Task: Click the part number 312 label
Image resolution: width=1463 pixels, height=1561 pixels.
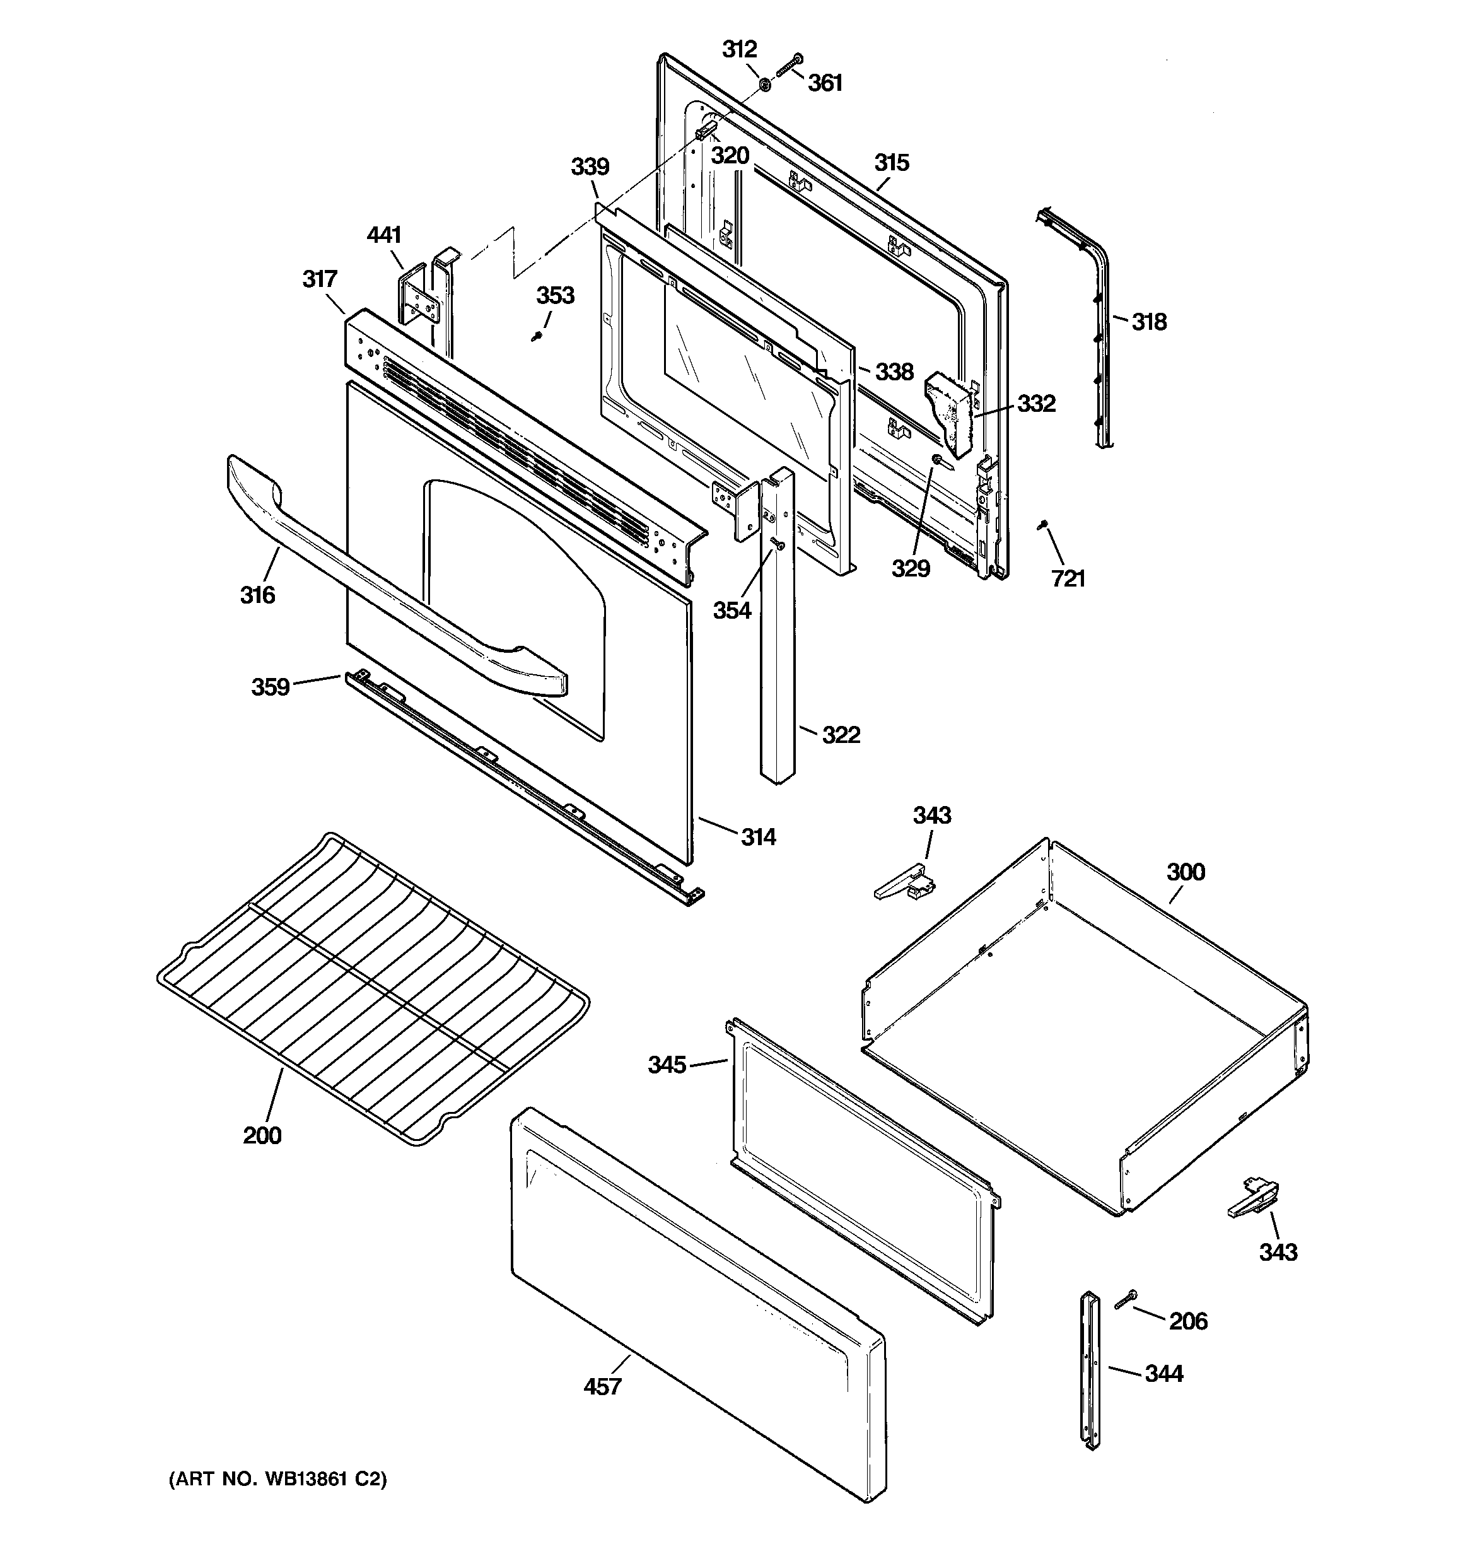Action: coord(739,49)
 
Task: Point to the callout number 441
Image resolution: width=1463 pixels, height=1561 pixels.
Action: coord(384,235)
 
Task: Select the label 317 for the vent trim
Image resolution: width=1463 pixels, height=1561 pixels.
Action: coord(320,279)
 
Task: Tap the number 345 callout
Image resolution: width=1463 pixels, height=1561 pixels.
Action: coord(667,1065)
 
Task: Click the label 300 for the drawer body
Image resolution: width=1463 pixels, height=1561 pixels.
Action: coord(1185,872)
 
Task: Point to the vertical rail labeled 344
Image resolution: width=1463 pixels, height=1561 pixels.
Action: coord(1089,1370)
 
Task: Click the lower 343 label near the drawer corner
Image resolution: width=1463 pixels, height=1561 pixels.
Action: coord(1278,1251)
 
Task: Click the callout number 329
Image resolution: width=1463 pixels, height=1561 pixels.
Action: coord(910,568)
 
